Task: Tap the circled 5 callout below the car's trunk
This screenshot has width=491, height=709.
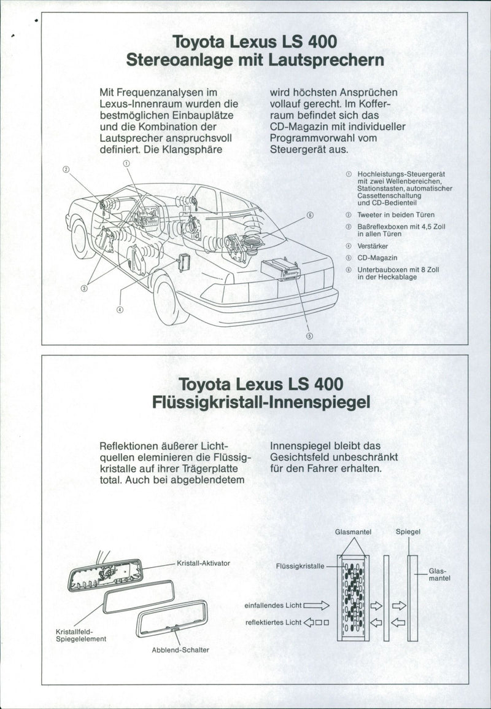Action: click(309, 335)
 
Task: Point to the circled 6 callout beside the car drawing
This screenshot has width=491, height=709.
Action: click(310, 216)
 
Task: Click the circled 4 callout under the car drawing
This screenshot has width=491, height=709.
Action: click(119, 309)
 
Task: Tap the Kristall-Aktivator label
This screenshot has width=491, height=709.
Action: click(203, 563)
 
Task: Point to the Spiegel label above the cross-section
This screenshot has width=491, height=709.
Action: click(408, 532)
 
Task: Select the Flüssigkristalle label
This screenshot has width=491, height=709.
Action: click(300, 567)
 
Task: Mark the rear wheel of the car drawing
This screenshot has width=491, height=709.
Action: click(165, 299)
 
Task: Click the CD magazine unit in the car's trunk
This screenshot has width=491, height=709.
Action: click(280, 269)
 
